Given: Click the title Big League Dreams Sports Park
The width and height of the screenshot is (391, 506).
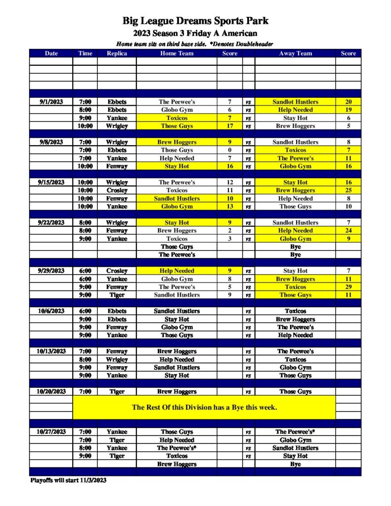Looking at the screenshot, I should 196,21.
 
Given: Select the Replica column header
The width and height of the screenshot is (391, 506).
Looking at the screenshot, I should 117,53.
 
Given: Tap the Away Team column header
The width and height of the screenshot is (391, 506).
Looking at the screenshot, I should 295,53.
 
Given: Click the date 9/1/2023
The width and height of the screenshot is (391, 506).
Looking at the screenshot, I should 51,102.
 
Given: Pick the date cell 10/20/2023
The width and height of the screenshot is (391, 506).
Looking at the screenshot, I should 51,391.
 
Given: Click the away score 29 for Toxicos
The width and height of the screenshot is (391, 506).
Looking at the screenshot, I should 348,287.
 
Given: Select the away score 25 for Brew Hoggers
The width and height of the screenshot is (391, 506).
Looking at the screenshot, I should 348,190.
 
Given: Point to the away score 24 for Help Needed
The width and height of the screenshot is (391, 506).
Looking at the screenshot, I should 348,230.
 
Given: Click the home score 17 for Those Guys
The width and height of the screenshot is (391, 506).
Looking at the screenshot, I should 229,126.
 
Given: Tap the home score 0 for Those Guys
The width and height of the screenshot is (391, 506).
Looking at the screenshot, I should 229,150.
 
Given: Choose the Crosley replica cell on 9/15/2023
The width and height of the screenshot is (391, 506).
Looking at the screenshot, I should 117,190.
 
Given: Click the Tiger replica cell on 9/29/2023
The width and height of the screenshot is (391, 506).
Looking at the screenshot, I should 117,295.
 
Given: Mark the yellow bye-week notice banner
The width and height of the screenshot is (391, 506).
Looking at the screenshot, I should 204,408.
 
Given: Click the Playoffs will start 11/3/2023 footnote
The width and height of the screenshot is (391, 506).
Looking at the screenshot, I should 68,480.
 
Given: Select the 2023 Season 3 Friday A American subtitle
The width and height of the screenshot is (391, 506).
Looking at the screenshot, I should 196,34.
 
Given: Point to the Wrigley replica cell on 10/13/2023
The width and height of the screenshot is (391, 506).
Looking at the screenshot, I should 117,360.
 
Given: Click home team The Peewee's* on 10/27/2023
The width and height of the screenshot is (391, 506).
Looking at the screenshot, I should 176,448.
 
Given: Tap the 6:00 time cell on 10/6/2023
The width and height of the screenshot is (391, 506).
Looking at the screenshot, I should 85,311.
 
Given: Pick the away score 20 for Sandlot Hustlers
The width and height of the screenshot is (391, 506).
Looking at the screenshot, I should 348,102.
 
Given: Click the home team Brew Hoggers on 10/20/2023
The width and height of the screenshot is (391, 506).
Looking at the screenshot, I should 176,391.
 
